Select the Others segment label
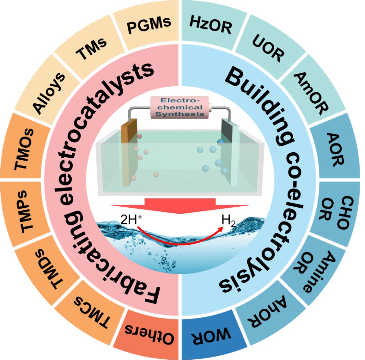149,334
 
